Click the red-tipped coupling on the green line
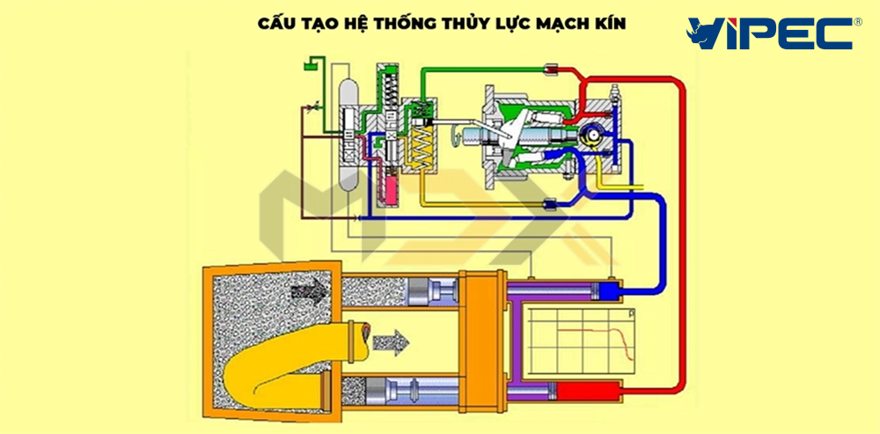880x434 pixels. pos(553,68)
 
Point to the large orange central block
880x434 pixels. pos(482,330)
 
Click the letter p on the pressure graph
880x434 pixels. pos(632,313)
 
